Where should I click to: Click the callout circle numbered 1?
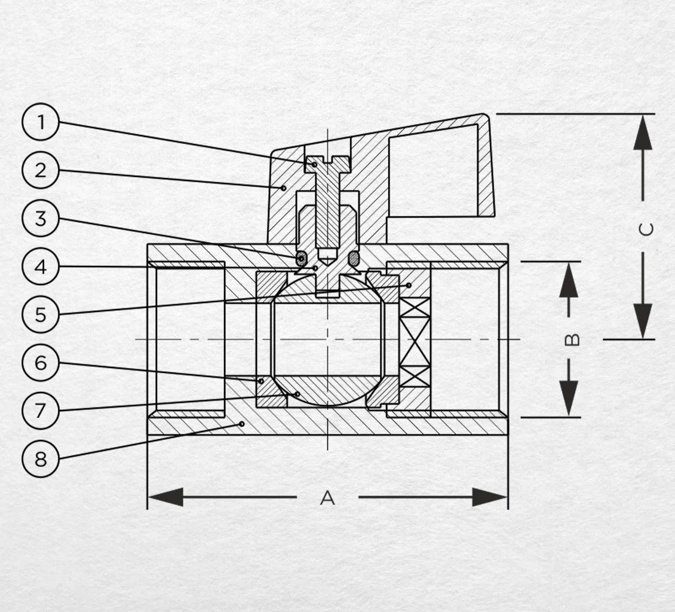coord(41,123)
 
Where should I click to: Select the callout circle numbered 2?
coord(41,170)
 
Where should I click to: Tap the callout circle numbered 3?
coord(41,219)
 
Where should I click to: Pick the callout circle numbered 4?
coord(41,267)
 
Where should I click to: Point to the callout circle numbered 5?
coord(41,314)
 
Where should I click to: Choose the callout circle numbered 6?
coord(41,363)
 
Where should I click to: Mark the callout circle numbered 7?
coord(41,411)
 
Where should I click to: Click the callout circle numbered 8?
coord(41,458)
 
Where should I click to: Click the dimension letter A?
coord(327,497)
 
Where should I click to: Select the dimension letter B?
coord(572,340)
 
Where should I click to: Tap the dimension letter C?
coord(646,229)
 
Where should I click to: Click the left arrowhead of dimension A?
coord(165,497)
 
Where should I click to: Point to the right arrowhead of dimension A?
coord(490,497)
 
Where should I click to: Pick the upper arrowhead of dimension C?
coord(643,132)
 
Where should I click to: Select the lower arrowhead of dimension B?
coord(569,399)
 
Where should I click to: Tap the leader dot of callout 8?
coord(242,424)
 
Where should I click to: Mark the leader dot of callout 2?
coord(283,188)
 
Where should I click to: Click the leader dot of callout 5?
coord(409,285)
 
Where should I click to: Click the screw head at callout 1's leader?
coord(328,164)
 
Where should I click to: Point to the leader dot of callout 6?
coord(261,381)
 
